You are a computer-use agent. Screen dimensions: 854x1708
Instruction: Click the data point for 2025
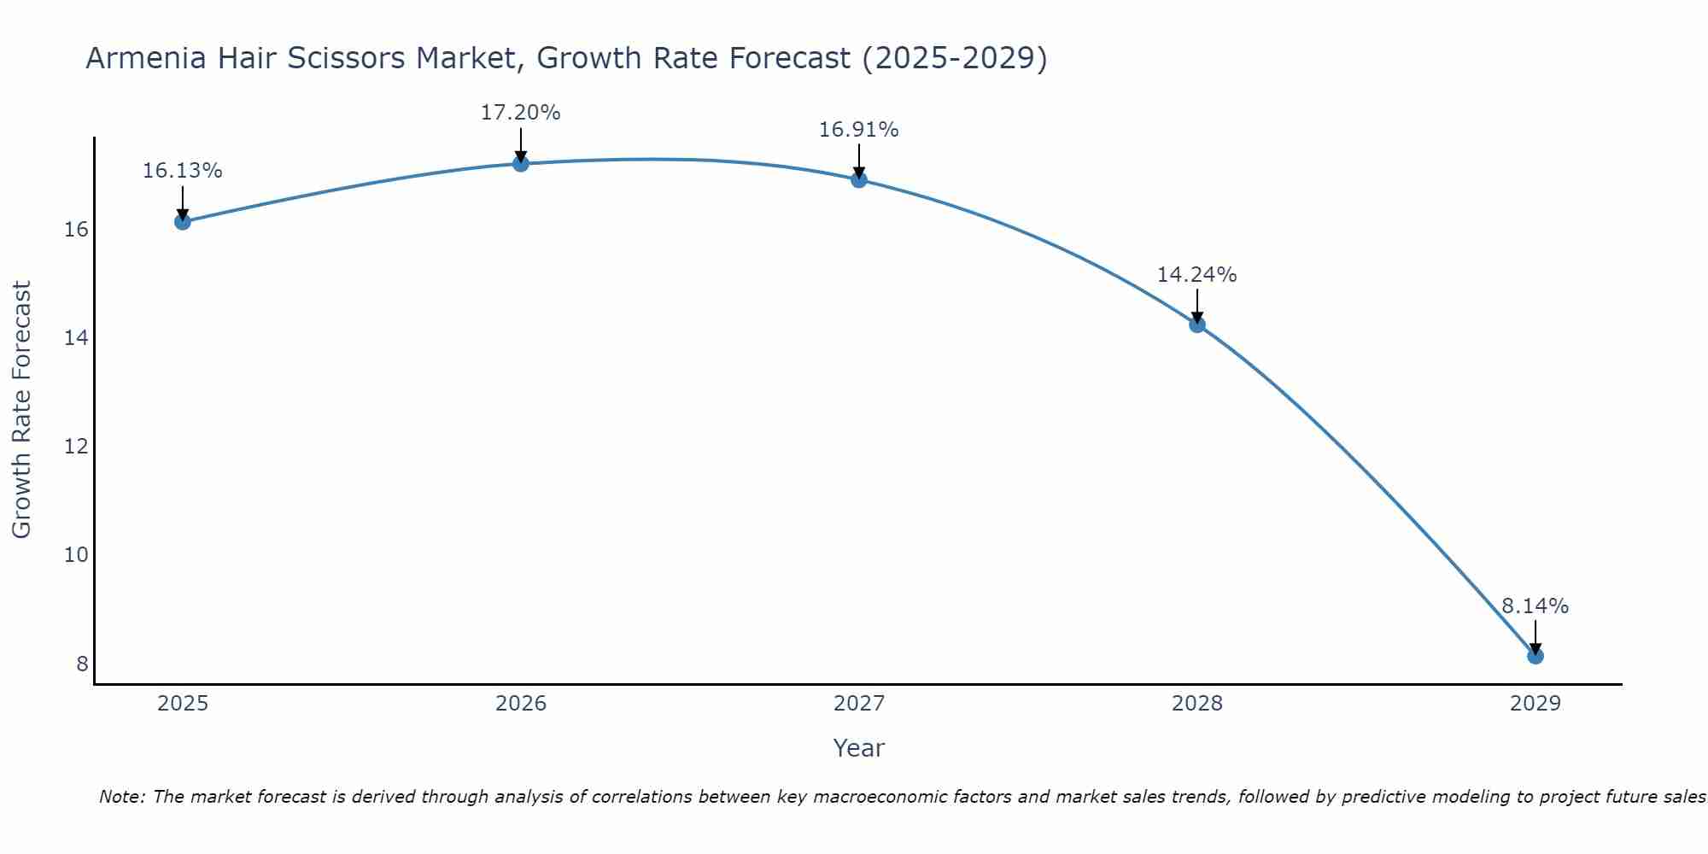click(182, 222)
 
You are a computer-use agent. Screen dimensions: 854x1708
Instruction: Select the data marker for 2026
click(521, 163)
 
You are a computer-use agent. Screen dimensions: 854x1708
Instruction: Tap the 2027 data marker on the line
click(859, 179)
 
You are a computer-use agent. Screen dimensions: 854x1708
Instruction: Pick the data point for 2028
click(1197, 325)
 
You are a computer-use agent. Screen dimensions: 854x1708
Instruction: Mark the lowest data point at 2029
click(1535, 656)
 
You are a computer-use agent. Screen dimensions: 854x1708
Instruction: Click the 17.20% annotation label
click(520, 113)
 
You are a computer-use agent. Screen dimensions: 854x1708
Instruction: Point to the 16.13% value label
click(182, 171)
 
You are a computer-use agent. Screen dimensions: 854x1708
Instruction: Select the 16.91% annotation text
click(858, 130)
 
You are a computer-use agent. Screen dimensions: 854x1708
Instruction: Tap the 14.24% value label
click(1196, 275)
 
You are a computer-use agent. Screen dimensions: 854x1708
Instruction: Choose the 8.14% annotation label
click(1535, 606)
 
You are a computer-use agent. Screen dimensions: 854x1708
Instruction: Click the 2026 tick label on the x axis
click(521, 704)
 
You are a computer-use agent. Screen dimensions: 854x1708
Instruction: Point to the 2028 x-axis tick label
click(1197, 704)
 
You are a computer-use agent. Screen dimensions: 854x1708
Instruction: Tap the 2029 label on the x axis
click(1535, 704)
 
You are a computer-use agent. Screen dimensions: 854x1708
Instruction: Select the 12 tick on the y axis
click(76, 447)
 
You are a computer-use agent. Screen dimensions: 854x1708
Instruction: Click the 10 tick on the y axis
click(76, 555)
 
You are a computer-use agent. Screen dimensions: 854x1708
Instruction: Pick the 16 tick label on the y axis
click(76, 230)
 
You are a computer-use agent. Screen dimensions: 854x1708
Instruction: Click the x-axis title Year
click(858, 748)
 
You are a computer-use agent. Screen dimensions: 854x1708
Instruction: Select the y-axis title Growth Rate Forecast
click(21, 410)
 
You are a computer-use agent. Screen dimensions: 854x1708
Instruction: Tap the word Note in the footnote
click(122, 797)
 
